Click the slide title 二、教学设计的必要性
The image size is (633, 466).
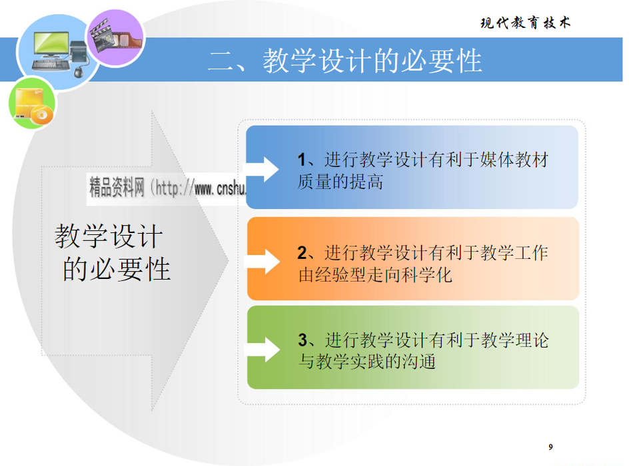tap(344, 61)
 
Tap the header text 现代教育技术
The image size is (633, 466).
tap(526, 23)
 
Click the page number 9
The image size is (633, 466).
tap(550, 447)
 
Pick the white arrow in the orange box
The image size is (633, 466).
tap(263, 262)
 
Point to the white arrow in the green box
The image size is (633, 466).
tap(263, 349)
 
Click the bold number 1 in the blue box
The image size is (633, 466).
tap(302, 160)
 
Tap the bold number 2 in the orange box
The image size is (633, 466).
tap(302, 253)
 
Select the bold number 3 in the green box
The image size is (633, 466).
tap(303, 340)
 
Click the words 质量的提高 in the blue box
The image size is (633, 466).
tap(340, 182)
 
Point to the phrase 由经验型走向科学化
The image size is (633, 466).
tap(375, 275)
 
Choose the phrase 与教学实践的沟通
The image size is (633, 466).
tap(366, 361)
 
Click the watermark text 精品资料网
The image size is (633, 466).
tap(117, 188)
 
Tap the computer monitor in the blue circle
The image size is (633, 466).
tap(52, 44)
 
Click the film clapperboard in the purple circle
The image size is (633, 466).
tap(101, 34)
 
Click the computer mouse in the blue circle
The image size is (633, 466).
tap(79, 73)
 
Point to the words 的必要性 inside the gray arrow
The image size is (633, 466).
tap(116, 269)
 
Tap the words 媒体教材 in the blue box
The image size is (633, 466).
tap(514, 160)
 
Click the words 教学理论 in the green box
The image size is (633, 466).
tap(514, 340)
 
